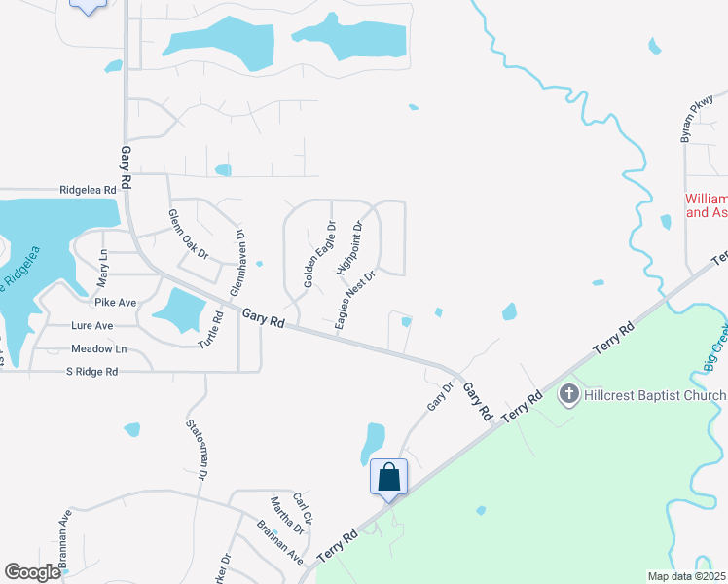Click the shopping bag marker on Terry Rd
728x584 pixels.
(x=388, y=478)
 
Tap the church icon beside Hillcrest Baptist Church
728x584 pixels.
(x=570, y=395)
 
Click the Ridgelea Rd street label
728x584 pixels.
(x=88, y=190)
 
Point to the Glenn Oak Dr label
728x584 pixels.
(x=188, y=234)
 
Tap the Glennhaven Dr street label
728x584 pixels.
(x=237, y=263)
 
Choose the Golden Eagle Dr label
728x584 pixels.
(x=319, y=254)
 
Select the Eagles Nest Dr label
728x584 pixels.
(x=355, y=301)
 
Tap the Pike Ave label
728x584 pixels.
(x=115, y=303)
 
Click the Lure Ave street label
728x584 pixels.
(x=91, y=326)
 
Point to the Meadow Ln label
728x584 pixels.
(x=98, y=348)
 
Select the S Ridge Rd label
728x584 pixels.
(x=91, y=372)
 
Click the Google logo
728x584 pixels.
(x=32, y=572)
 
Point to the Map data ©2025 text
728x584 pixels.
(x=685, y=576)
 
